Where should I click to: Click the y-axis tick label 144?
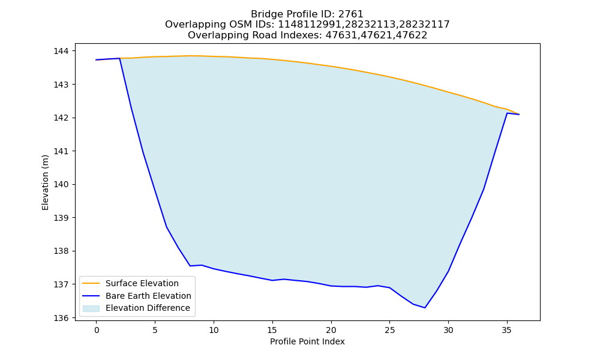point(61,51)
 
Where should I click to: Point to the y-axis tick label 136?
point(61,318)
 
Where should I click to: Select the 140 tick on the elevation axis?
point(61,185)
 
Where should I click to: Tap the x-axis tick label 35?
point(506,330)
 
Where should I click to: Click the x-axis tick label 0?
point(97,330)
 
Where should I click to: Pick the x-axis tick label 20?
point(331,330)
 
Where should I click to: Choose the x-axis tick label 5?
point(155,330)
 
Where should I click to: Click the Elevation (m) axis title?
point(45,182)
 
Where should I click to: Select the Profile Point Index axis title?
point(307,341)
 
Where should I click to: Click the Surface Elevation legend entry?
point(142,283)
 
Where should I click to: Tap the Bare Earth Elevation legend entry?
point(148,296)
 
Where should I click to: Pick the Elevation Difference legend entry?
point(148,308)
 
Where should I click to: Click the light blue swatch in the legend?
point(91,308)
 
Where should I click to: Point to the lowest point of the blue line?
point(425,308)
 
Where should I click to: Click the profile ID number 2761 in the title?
point(350,14)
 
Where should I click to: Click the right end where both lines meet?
point(519,115)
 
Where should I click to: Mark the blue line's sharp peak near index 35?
point(507,113)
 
